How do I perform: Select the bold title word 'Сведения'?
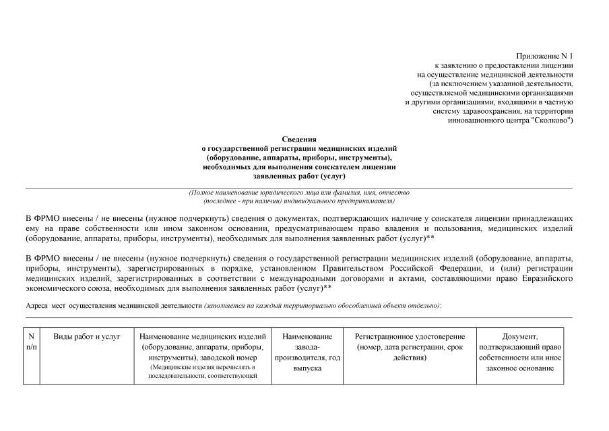(299, 138)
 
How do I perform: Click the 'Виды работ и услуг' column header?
(87, 336)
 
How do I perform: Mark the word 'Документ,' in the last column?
(519, 336)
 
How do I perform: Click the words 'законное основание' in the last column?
(519, 368)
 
